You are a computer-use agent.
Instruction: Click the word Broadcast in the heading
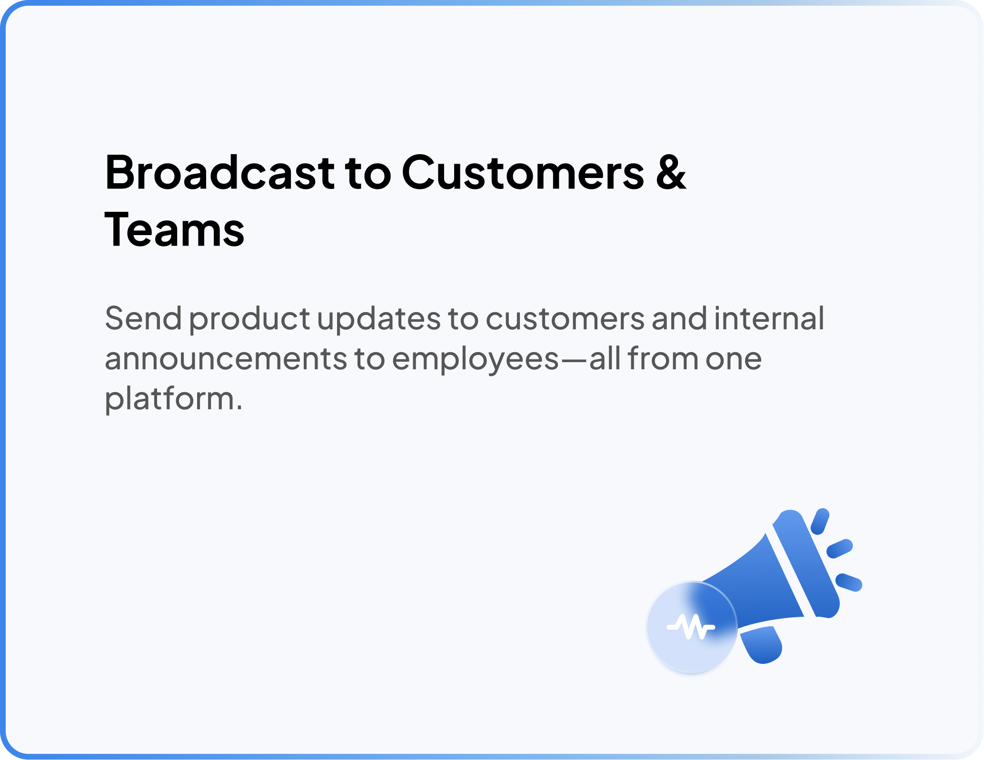coord(220,172)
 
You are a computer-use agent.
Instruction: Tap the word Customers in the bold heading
coord(523,172)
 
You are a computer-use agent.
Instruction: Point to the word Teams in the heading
coord(174,230)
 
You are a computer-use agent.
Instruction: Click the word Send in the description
coord(143,318)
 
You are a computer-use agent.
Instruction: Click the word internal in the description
coord(769,318)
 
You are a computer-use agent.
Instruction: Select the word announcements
coord(226,360)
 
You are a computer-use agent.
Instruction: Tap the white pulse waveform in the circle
coord(691,627)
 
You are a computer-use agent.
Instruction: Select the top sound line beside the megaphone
coord(820,522)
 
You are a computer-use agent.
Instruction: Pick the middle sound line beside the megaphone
coord(840,549)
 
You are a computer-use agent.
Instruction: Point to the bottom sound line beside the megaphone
coord(849,583)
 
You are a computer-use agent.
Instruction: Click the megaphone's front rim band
coord(806,564)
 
